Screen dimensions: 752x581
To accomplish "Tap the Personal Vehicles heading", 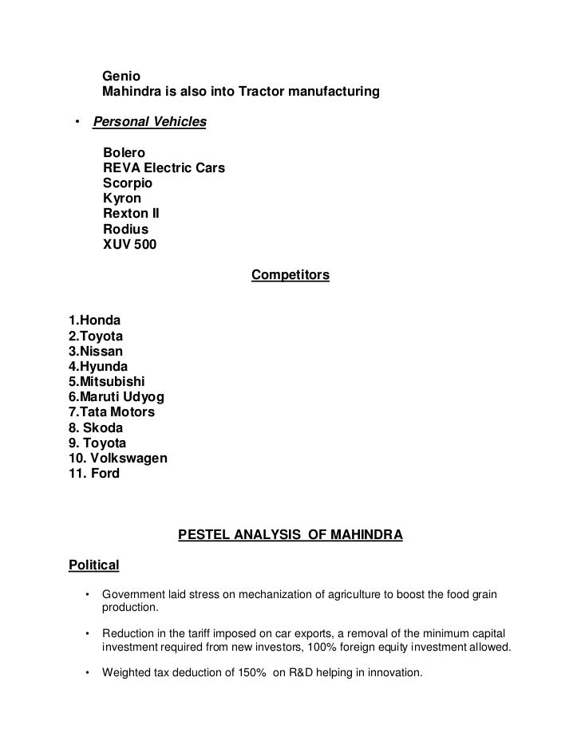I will click(150, 122).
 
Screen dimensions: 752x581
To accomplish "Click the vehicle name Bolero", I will click(125, 153).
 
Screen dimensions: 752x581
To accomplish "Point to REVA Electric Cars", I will click(164, 168).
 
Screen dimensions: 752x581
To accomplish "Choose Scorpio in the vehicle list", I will click(128, 183).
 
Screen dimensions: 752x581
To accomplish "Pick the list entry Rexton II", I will click(132, 214).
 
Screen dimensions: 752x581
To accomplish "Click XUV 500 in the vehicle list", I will click(130, 245).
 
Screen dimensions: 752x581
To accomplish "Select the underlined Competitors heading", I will click(290, 275).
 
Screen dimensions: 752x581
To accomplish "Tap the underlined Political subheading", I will click(94, 565).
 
